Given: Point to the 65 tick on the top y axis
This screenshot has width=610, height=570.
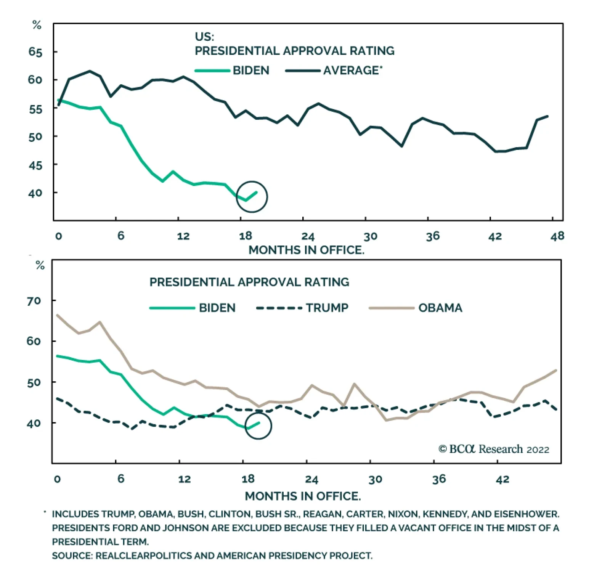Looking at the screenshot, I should (x=35, y=52).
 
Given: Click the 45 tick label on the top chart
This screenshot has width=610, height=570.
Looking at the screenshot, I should (x=35, y=165).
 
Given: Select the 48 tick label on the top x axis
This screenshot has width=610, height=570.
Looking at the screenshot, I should (x=557, y=236).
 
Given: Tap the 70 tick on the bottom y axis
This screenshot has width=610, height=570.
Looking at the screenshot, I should (x=34, y=301).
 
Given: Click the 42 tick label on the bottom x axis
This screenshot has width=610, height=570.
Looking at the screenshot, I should (x=502, y=479).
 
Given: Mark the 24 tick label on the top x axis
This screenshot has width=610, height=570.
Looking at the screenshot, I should (x=308, y=236).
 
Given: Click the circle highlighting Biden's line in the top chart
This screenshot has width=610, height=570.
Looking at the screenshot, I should (x=252, y=197).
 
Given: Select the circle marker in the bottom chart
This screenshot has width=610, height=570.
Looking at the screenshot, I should (x=258, y=425).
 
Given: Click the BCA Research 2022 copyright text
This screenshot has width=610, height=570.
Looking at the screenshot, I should (x=494, y=449).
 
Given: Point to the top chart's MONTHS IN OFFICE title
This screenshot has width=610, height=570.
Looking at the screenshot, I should (x=307, y=250).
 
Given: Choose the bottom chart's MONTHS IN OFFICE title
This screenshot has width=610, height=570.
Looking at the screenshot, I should (x=303, y=496).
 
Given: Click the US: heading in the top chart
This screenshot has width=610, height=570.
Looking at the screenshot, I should (x=204, y=37).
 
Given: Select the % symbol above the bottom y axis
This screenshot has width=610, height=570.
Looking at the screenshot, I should (x=40, y=265).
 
